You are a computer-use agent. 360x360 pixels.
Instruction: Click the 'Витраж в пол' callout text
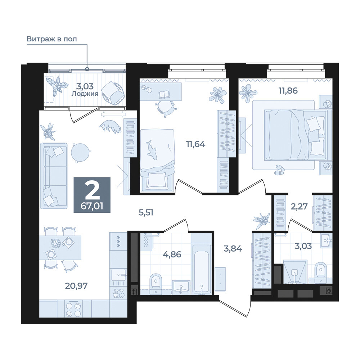pos(51,39)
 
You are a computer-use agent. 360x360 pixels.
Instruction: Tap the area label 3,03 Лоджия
pos(85,90)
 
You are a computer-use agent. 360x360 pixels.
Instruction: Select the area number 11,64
pos(195,144)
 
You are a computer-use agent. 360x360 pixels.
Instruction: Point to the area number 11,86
pos(288,91)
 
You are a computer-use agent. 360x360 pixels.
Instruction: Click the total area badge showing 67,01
pos(92,195)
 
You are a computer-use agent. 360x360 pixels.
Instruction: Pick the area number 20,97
pos(76,286)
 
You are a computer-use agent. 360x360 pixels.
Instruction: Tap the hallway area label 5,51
pos(146,213)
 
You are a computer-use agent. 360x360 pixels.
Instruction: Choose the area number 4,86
pos(172,255)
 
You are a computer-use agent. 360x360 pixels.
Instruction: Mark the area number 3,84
pos(233,249)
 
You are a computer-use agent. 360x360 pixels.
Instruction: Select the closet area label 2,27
pos(299,206)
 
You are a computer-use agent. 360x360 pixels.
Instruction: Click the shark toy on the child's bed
pos(151,150)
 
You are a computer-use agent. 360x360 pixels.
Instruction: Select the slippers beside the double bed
pos(279,170)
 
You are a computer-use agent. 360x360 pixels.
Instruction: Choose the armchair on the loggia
pos(113,93)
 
